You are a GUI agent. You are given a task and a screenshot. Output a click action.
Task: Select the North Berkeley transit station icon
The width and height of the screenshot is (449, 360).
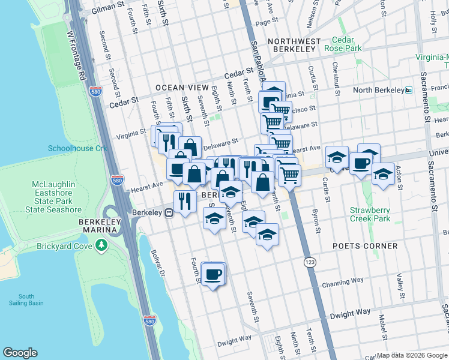coord(409,90)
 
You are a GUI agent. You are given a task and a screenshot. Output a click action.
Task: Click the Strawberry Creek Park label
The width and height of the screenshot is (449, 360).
coord(370,214)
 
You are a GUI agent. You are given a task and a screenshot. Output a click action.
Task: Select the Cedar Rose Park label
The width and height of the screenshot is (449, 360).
coord(343,43)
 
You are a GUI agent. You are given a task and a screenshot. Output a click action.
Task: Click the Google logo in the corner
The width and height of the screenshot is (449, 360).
coord(20,353)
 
